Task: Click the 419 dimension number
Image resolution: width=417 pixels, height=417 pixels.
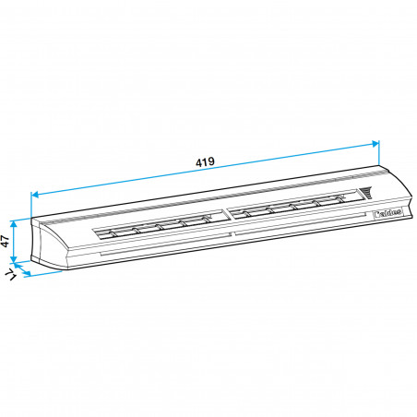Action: click(x=205, y=162)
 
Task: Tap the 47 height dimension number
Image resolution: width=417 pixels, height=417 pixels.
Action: click(x=6, y=243)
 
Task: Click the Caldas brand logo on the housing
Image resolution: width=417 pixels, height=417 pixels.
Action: click(x=387, y=210)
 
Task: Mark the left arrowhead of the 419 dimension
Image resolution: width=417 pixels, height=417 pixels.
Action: click(x=35, y=195)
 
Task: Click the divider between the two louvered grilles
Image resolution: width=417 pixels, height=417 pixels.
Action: click(x=225, y=216)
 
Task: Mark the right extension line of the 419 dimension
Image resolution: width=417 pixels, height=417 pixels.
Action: click(x=379, y=154)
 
